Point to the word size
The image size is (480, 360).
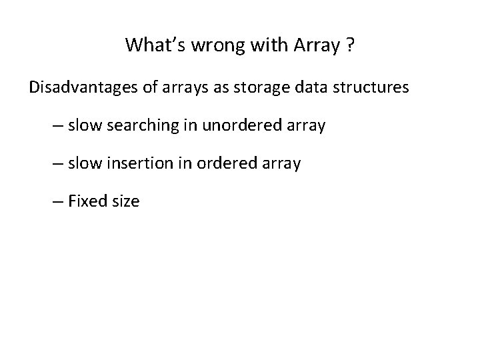(x=125, y=201)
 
